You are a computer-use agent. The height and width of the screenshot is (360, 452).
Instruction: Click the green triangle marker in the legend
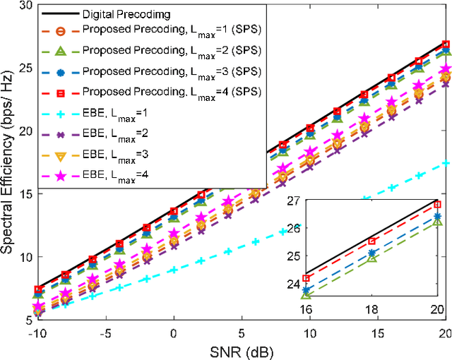[61, 52]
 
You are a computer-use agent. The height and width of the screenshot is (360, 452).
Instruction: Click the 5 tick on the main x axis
[242, 332]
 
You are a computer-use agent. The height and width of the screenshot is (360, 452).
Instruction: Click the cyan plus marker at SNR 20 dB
[445, 163]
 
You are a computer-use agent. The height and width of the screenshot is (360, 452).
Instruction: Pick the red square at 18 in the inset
[372, 241]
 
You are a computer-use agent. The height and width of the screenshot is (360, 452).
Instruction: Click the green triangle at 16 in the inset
[306, 294]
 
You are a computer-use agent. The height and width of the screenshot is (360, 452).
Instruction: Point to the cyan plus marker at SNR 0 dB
[173, 270]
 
